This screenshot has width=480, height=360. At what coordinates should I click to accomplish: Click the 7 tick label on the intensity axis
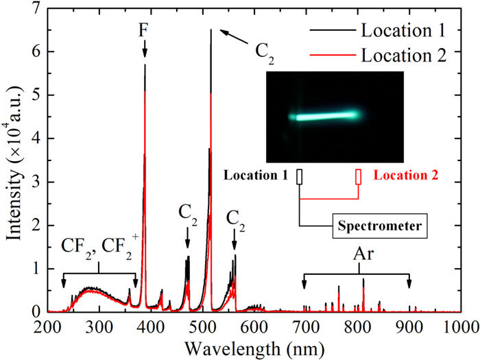[x=36, y=9]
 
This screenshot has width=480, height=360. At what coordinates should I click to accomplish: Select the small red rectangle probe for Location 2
[x=358, y=176]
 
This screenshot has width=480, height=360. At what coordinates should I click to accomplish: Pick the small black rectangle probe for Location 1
[x=299, y=176]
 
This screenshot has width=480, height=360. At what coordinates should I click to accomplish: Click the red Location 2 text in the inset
[x=406, y=176]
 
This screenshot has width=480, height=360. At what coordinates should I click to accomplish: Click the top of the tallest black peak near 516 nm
[x=211, y=30]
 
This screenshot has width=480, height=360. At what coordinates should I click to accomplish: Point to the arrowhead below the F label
[x=145, y=53]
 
